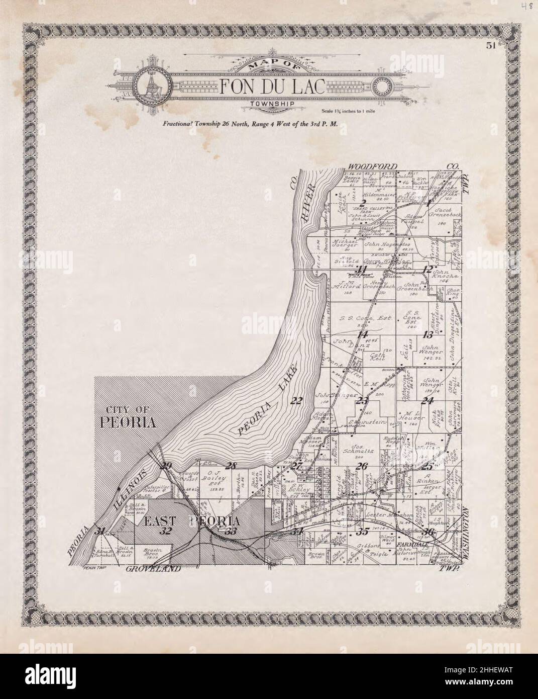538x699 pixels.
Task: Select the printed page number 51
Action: click(x=491, y=46)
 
